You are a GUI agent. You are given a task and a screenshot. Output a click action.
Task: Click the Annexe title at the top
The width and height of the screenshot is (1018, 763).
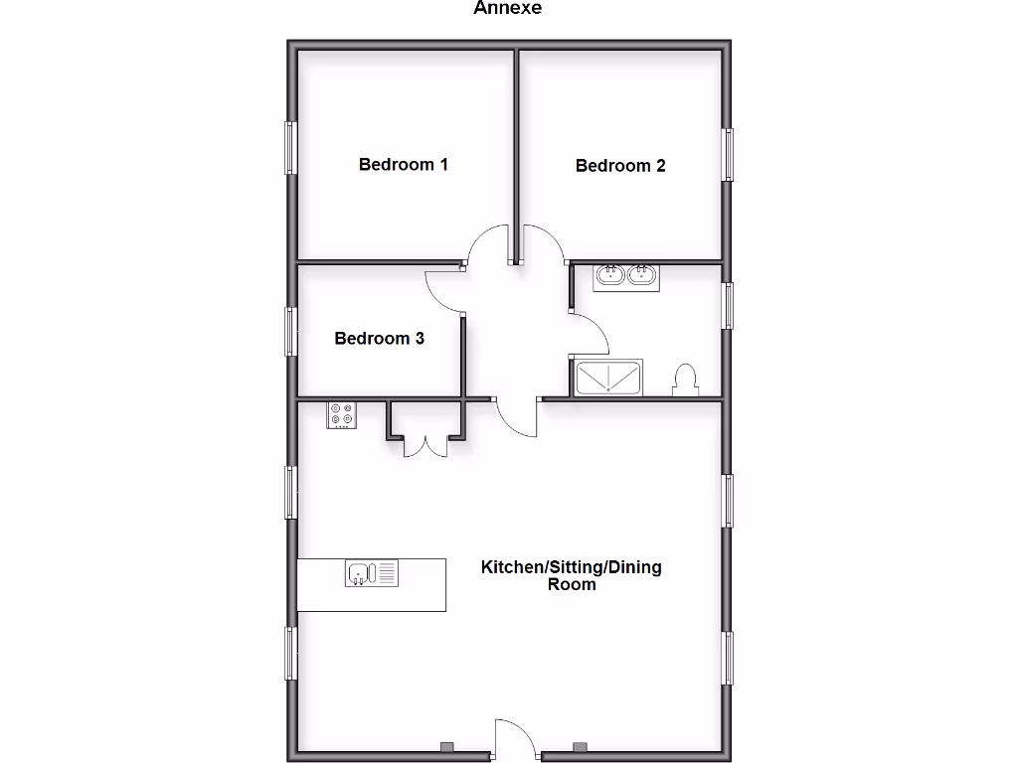[x=507, y=9]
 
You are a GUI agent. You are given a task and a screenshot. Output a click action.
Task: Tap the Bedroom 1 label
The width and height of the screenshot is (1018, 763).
[x=403, y=164]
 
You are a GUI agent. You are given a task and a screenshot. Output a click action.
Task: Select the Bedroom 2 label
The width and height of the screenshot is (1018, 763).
[x=620, y=166]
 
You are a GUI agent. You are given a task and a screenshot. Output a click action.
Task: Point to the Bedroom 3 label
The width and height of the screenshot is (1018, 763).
[x=379, y=339]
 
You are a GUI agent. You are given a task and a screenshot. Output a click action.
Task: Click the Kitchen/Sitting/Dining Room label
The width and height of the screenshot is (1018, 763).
[x=572, y=575]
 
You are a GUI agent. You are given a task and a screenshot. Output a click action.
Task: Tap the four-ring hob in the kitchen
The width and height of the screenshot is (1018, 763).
[x=342, y=414]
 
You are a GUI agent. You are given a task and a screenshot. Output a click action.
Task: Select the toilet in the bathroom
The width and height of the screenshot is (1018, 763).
[x=685, y=381]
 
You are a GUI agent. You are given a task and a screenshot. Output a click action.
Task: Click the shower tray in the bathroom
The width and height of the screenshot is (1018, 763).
[x=608, y=379]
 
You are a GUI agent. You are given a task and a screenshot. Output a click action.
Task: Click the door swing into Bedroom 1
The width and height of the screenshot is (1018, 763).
[x=490, y=245]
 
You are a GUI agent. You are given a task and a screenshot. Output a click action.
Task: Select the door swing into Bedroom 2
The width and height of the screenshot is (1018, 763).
[x=543, y=245]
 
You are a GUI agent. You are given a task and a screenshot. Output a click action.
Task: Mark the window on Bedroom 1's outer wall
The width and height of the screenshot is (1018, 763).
[x=291, y=148]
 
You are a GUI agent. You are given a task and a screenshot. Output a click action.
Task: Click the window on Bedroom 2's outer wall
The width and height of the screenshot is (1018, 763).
[x=729, y=155]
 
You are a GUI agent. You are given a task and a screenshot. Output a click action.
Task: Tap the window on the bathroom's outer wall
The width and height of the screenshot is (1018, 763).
[x=729, y=305]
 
